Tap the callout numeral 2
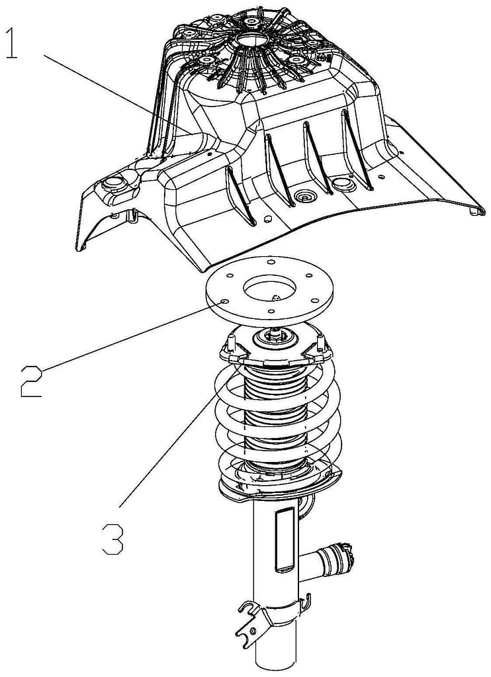(32, 381)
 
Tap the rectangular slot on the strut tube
(285, 540)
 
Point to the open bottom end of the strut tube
(275, 668)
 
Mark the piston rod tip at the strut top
(275, 332)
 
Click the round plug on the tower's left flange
(114, 184)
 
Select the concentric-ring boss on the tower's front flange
(305, 198)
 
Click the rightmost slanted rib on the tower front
(357, 150)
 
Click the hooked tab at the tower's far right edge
(475, 210)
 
